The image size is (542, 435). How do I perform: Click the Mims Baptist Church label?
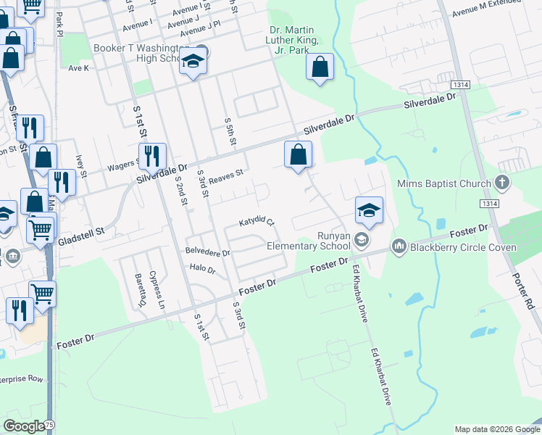[x=443, y=184]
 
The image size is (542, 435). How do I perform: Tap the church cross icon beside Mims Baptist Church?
[x=501, y=183]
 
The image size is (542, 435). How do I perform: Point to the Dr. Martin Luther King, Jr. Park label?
[x=293, y=40]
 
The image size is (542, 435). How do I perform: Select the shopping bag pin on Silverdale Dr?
[x=298, y=154]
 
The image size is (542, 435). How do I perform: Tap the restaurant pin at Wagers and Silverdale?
[x=152, y=156]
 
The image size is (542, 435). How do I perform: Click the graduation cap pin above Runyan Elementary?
[x=369, y=210]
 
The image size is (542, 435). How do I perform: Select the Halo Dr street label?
[x=202, y=268]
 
